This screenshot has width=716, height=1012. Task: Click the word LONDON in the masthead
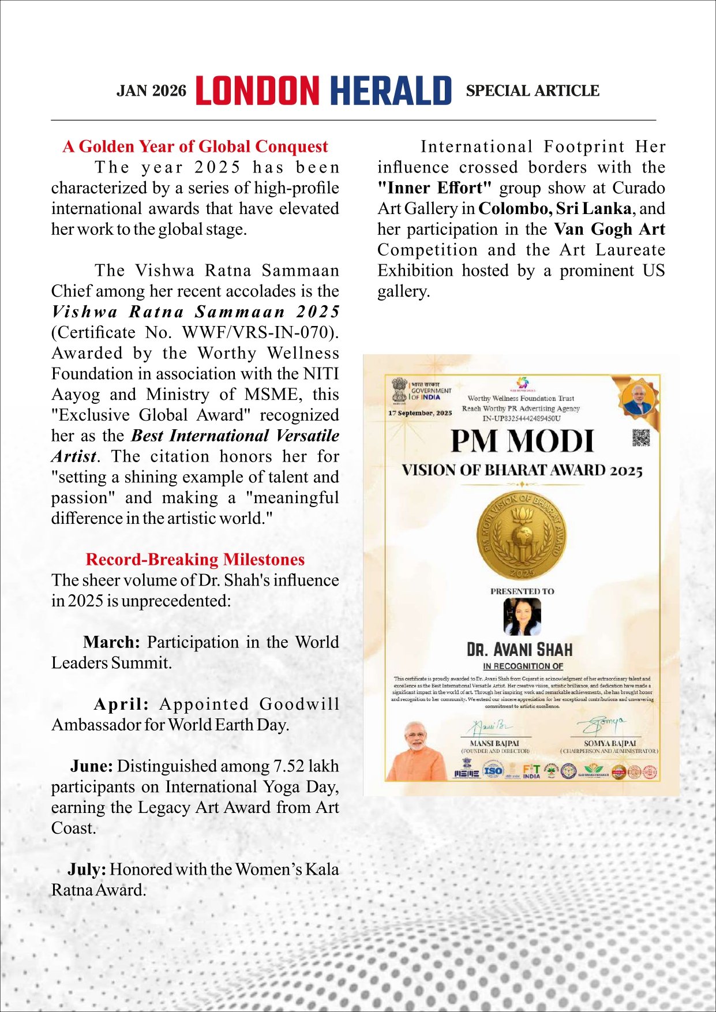coord(257,91)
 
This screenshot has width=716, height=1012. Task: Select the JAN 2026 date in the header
coord(152,91)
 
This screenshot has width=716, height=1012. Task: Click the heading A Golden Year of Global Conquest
coord(195,147)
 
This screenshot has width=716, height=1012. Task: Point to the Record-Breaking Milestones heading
coord(195,560)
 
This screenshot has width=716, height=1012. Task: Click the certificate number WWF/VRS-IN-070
coord(258,332)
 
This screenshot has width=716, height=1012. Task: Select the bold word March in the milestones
coord(111,642)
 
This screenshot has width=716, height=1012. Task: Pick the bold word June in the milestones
coord(91,766)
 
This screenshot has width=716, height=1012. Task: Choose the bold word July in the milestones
coord(87,869)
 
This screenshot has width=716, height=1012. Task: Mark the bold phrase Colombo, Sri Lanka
coord(554,209)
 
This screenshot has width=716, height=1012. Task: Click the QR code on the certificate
coord(641,438)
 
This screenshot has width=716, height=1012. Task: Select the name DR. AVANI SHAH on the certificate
coord(520,650)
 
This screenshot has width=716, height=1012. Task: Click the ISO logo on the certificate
coord(493,770)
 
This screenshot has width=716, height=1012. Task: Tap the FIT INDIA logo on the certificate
coord(531,771)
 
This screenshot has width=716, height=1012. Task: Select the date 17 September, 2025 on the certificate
coord(420,413)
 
